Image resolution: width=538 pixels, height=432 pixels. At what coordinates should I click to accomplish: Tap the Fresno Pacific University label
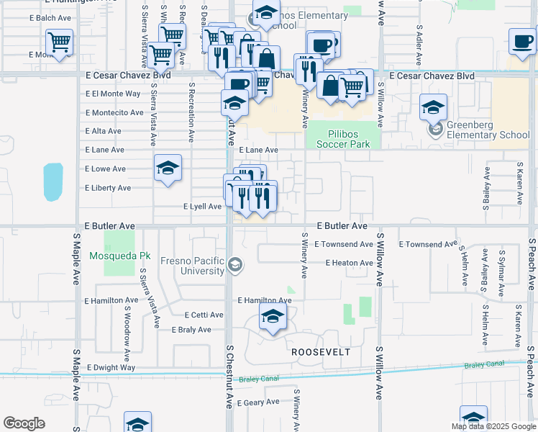coord(192,266)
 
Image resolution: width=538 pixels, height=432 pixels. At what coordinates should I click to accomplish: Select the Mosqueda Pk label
coord(120,256)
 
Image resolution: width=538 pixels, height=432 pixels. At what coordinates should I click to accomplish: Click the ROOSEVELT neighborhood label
coord(320,352)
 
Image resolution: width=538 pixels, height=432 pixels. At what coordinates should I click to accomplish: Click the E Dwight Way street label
coord(111,367)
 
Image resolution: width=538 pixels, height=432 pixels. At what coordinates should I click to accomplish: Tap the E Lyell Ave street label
coord(204,207)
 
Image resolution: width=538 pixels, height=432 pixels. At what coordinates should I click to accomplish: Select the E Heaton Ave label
coord(349,264)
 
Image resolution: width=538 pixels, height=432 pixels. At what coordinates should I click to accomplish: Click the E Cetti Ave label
coord(201,315)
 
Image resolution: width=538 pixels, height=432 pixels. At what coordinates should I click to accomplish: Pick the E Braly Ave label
coord(191,330)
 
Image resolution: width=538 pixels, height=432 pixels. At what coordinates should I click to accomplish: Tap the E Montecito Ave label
coord(114,113)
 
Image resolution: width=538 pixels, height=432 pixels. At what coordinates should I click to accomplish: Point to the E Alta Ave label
coord(103,132)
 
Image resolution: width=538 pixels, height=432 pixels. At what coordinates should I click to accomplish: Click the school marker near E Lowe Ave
coord(168,169)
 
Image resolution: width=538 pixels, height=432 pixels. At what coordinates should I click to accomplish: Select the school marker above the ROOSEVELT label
coord(273,316)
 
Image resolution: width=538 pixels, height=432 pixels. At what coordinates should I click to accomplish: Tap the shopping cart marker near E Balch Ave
coord(59,42)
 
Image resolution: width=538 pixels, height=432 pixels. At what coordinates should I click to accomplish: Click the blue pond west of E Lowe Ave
coord(53,181)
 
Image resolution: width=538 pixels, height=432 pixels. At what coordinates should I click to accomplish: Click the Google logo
coord(24,423)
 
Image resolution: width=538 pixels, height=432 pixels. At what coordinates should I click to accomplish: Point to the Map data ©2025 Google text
coord(493,426)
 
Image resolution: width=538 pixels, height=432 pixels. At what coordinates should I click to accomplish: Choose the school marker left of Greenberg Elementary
coord(433,107)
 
